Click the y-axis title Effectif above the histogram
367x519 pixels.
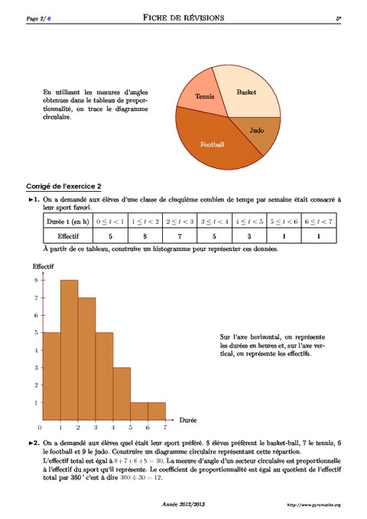tap(44, 266)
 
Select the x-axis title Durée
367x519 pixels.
tap(188, 420)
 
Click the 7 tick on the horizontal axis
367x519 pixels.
tap(165, 427)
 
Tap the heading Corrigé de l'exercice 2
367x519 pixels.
tap(63, 186)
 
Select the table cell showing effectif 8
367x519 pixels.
tap(145, 237)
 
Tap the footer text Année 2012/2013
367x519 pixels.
tap(184, 504)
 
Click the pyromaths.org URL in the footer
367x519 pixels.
tap(313, 505)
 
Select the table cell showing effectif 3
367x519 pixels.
tap(248, 237)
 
